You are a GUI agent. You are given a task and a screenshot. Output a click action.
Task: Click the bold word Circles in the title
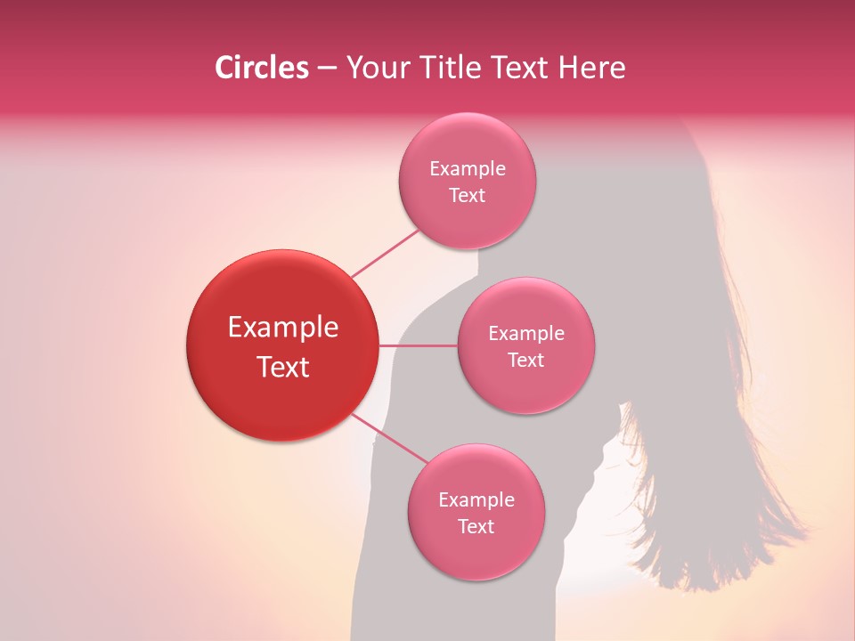click(261, 68)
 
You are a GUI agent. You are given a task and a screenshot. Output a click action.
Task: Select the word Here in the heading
click(592, 68)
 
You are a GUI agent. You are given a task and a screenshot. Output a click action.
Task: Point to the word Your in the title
click(375, 68)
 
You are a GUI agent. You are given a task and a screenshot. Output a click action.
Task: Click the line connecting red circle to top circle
click(385, 252)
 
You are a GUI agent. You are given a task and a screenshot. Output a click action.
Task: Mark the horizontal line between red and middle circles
click(418, 345)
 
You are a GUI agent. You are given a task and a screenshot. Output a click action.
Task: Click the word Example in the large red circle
click(283, 328)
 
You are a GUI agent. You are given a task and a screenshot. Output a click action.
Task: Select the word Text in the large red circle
click(283, 367)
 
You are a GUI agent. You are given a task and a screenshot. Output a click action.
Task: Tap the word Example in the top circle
click(468, 169)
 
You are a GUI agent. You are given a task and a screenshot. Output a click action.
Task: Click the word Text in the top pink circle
click(467, 196)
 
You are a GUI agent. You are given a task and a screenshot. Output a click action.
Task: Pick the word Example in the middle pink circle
click(526, 334)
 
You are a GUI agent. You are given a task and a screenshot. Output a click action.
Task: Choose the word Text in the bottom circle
click(476, 527)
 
